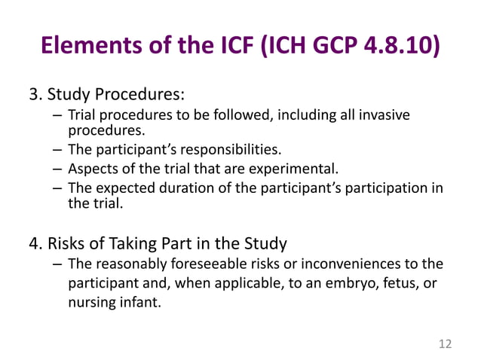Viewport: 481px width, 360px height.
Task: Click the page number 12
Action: coord(445,344)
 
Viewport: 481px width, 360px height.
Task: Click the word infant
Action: coord(142,305)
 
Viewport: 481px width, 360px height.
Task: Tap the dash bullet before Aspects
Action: coord(58,168)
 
